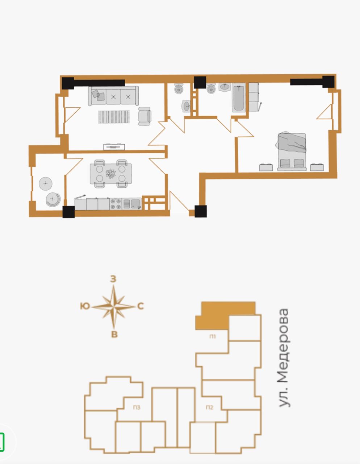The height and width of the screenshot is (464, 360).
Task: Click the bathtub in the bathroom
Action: click(x=239, y=98)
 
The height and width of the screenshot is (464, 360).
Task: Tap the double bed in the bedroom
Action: click(x=292, y=152)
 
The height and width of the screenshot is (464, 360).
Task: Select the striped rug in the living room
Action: click(x=114, y=117)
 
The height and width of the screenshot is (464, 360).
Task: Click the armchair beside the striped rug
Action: click(x=145, y=116)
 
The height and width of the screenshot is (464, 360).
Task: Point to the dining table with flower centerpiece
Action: click(x=111, y=173)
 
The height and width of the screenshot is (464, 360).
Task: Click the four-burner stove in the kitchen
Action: click(x=116, y=204)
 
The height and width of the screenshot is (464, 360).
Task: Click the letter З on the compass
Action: click(x=113, y=279)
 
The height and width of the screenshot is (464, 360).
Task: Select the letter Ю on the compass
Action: click(x=85, y=306)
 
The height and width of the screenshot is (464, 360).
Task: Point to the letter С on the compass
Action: click(x=141, y=306)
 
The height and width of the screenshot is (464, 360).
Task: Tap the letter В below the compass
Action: click(x=114, y=334)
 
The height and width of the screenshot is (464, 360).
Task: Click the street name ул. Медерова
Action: click(x=285, y=358)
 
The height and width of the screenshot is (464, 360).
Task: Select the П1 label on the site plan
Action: click(x=213, y=337)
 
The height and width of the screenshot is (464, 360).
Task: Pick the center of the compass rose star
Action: click(x=113, y=307)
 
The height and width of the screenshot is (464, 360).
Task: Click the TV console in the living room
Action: click(x=114, y=147)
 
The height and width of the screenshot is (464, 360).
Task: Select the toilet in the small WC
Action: click(x=179, y=88)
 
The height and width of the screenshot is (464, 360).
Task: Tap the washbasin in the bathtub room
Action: click(x=225, y=87)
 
